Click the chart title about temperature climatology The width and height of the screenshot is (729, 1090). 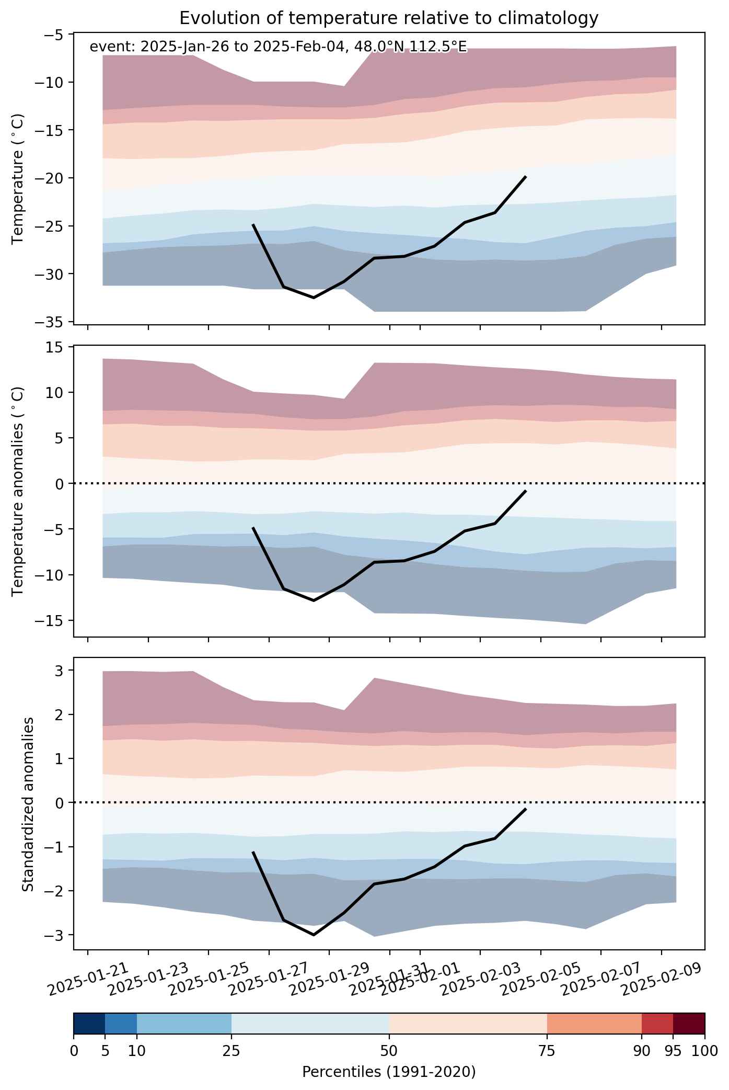tap(389, 18)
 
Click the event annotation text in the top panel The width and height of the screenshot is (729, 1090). tap(278, 47)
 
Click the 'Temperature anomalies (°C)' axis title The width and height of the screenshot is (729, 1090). tap(19, 491)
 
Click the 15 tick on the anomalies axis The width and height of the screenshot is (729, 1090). tap(57, 347)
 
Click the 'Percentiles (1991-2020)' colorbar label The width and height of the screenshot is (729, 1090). tap(389, 1072)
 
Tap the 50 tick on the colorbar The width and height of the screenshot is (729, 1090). tap(389, 1051)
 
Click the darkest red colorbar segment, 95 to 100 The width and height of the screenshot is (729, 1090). tap(689, 1024)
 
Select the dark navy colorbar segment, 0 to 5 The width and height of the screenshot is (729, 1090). tap(89, 1024)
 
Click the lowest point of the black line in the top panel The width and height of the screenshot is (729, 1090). tap(314, 298)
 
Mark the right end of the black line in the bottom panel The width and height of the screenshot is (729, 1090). tap(526, 809)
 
